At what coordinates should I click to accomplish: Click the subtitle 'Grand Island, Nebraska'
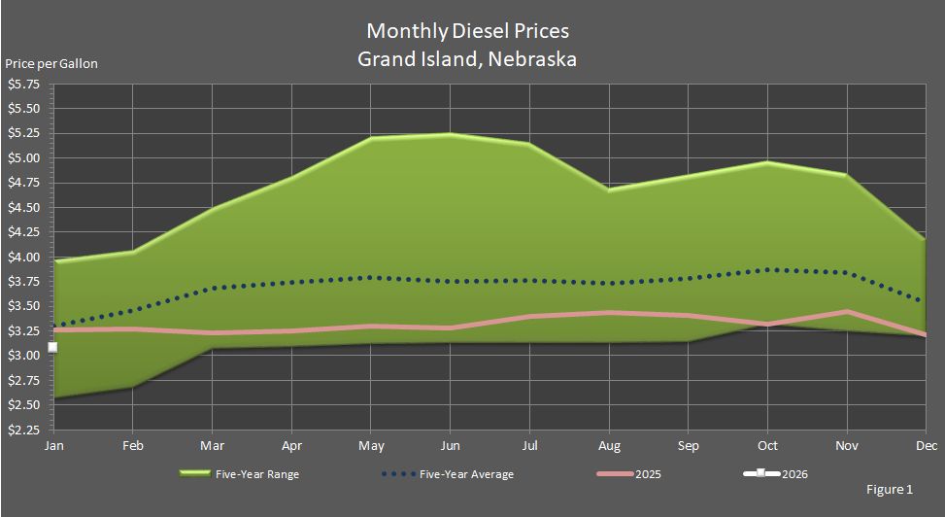click(467, 59)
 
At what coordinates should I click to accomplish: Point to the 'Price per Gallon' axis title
click(51, 64)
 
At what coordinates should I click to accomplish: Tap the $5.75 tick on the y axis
click(23, 85)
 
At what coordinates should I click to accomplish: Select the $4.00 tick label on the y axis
click(23, 258)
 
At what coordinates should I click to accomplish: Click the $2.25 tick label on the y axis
click(23, 430)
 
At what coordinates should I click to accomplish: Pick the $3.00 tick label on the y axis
click(23, 356)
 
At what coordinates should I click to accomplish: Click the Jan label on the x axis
click(53, 445)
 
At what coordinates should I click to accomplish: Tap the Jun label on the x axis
click(449, 445)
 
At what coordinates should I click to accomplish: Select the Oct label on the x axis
click(766, 445)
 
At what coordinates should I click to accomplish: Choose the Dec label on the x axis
click(924, 445)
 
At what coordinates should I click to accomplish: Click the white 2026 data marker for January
click(53, 347)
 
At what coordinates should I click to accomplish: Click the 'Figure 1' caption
click(890, 490)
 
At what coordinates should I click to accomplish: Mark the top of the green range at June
click(449, 134)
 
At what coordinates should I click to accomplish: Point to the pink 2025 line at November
click(846, 312)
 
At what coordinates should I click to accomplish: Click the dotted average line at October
click(766, 270)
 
